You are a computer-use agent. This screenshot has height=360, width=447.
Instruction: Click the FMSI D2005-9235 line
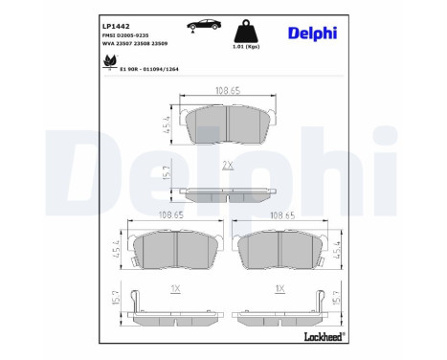click(x=127, y=33)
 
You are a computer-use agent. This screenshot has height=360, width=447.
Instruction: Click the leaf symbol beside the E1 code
click(x=107, y=62)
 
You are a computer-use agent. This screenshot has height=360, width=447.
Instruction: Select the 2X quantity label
click(x=228, y=165)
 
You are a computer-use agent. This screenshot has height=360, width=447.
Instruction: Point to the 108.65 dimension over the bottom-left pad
click(x=169, y=215)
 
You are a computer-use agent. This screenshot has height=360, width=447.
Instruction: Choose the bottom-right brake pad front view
click(x=279, y=251)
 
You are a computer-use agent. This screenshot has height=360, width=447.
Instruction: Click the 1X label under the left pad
click(x=173, y=288)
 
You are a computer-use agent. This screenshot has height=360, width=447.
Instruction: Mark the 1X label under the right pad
click(x=279, y=288)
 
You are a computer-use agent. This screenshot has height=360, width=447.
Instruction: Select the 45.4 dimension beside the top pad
click(x=168, y=124)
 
